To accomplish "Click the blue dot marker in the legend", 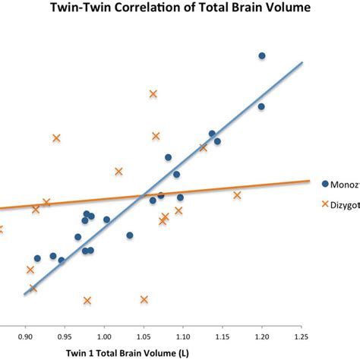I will click(x=325, y=184).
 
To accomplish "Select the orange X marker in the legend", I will click(x=325, y=204).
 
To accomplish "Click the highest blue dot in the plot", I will click(x=262, y=55).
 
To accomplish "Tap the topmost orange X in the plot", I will click(x=153, y=93).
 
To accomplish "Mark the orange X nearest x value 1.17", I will click(x=237, y=195).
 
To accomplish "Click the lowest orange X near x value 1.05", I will click(x=144, y=300).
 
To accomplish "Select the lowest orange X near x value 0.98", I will click(x=87, y=301).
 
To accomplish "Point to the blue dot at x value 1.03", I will click(x=130, y=235).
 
